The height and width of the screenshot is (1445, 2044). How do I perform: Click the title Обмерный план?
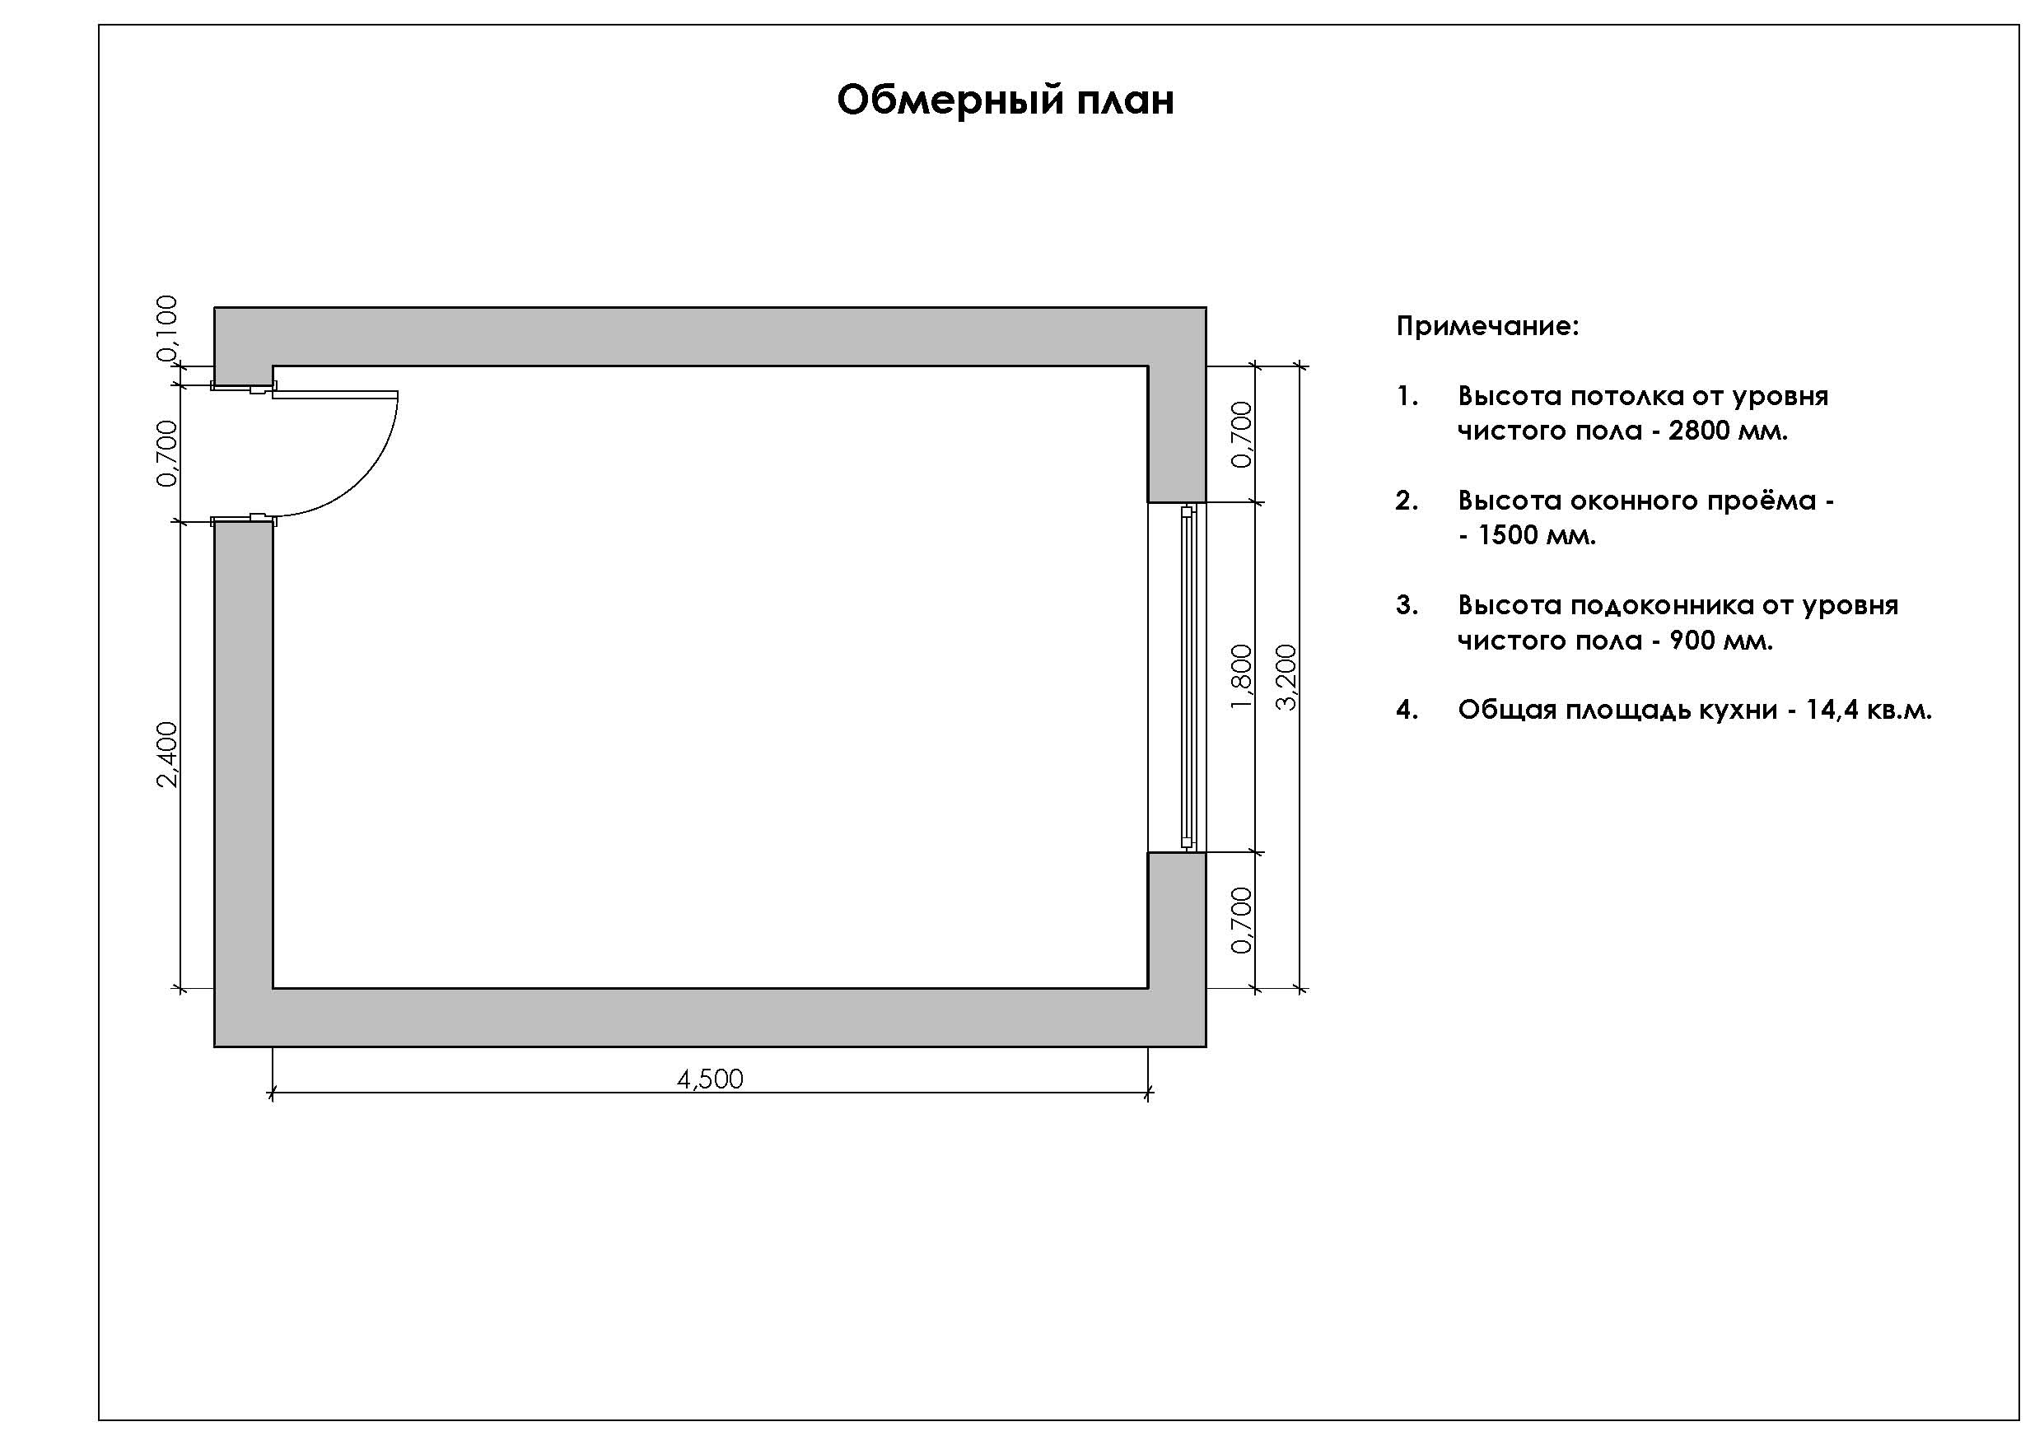coord(1005,100)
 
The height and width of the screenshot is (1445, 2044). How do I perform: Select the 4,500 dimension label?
coord(710,1079)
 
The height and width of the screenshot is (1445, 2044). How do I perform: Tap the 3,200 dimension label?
coord(1286,678)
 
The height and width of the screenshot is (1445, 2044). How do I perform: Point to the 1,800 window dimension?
coord(1241,678)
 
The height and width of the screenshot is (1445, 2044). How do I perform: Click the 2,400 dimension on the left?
coord(167,754)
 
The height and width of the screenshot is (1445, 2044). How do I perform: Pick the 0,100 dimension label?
coord(167,329)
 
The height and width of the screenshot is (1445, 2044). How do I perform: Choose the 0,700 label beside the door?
coord(167,454)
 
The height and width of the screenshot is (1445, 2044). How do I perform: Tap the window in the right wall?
coord(1187,677)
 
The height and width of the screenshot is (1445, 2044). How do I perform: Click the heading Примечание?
coord(1487,327)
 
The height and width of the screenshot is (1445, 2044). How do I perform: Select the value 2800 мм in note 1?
coord(1728,431)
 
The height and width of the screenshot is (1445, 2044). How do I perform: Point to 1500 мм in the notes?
coord(1537,535)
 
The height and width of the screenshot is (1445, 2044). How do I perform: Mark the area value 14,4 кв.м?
coord(1869,710)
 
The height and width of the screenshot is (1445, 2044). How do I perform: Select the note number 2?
coord(1407,501)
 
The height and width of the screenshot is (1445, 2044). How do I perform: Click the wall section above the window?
coord(1177,434)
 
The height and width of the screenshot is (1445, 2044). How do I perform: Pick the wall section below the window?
coord(1177,920)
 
